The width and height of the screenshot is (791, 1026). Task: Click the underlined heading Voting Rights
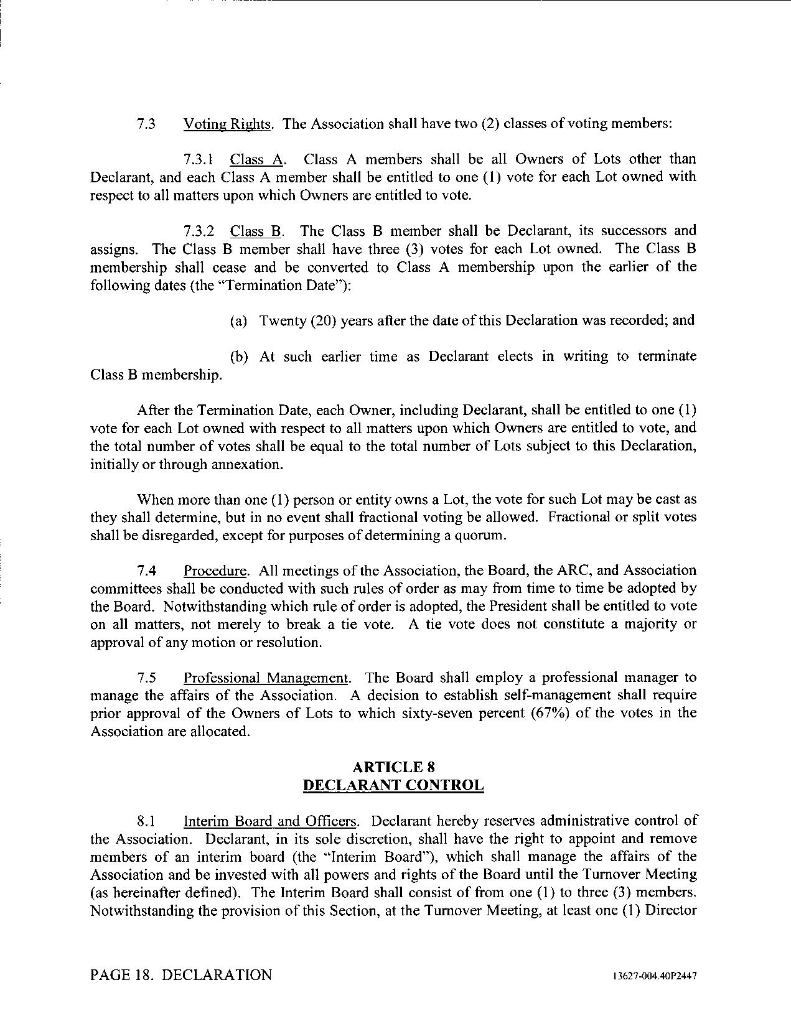click(227, 124)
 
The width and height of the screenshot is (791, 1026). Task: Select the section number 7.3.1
click(199, 159)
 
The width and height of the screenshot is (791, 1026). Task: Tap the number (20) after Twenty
click(322, 321)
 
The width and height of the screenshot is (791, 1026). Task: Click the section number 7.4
click(147, 571)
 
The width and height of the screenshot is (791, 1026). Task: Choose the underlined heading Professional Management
click(266, 678)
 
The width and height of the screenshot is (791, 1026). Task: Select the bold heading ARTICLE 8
click(393, 767)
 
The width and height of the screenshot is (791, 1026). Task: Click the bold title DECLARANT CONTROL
click(393, 785)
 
